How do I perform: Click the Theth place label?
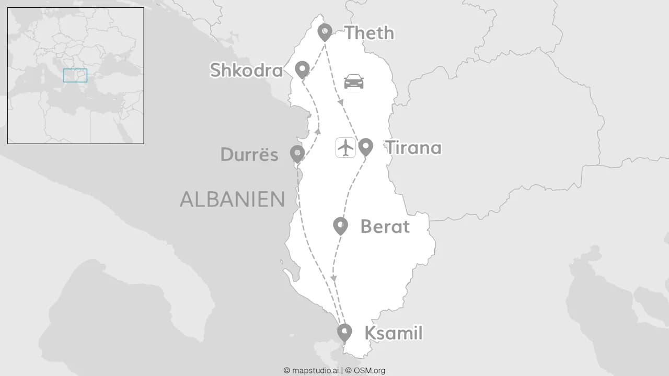point(369,33)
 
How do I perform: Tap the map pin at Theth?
point(325,32)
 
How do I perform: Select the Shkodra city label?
point(246,70)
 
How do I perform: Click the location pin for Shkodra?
point(302,69)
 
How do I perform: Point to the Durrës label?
point(249,155)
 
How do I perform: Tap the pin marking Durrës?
point(297,154)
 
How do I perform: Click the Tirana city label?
point(413,148)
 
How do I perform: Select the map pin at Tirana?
point(365,147)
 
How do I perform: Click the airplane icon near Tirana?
point(345,147)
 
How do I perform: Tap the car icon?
point(354,81)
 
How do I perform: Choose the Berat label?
point(385,227)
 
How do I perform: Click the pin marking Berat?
point(340,226)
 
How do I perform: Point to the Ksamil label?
point(393,333)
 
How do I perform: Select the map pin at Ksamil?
point(344,332)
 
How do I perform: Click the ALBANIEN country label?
point(233,199)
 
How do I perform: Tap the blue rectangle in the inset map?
point(75,75)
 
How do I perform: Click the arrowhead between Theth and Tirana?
point(340,102)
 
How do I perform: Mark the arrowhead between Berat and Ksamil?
point(333,278)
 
